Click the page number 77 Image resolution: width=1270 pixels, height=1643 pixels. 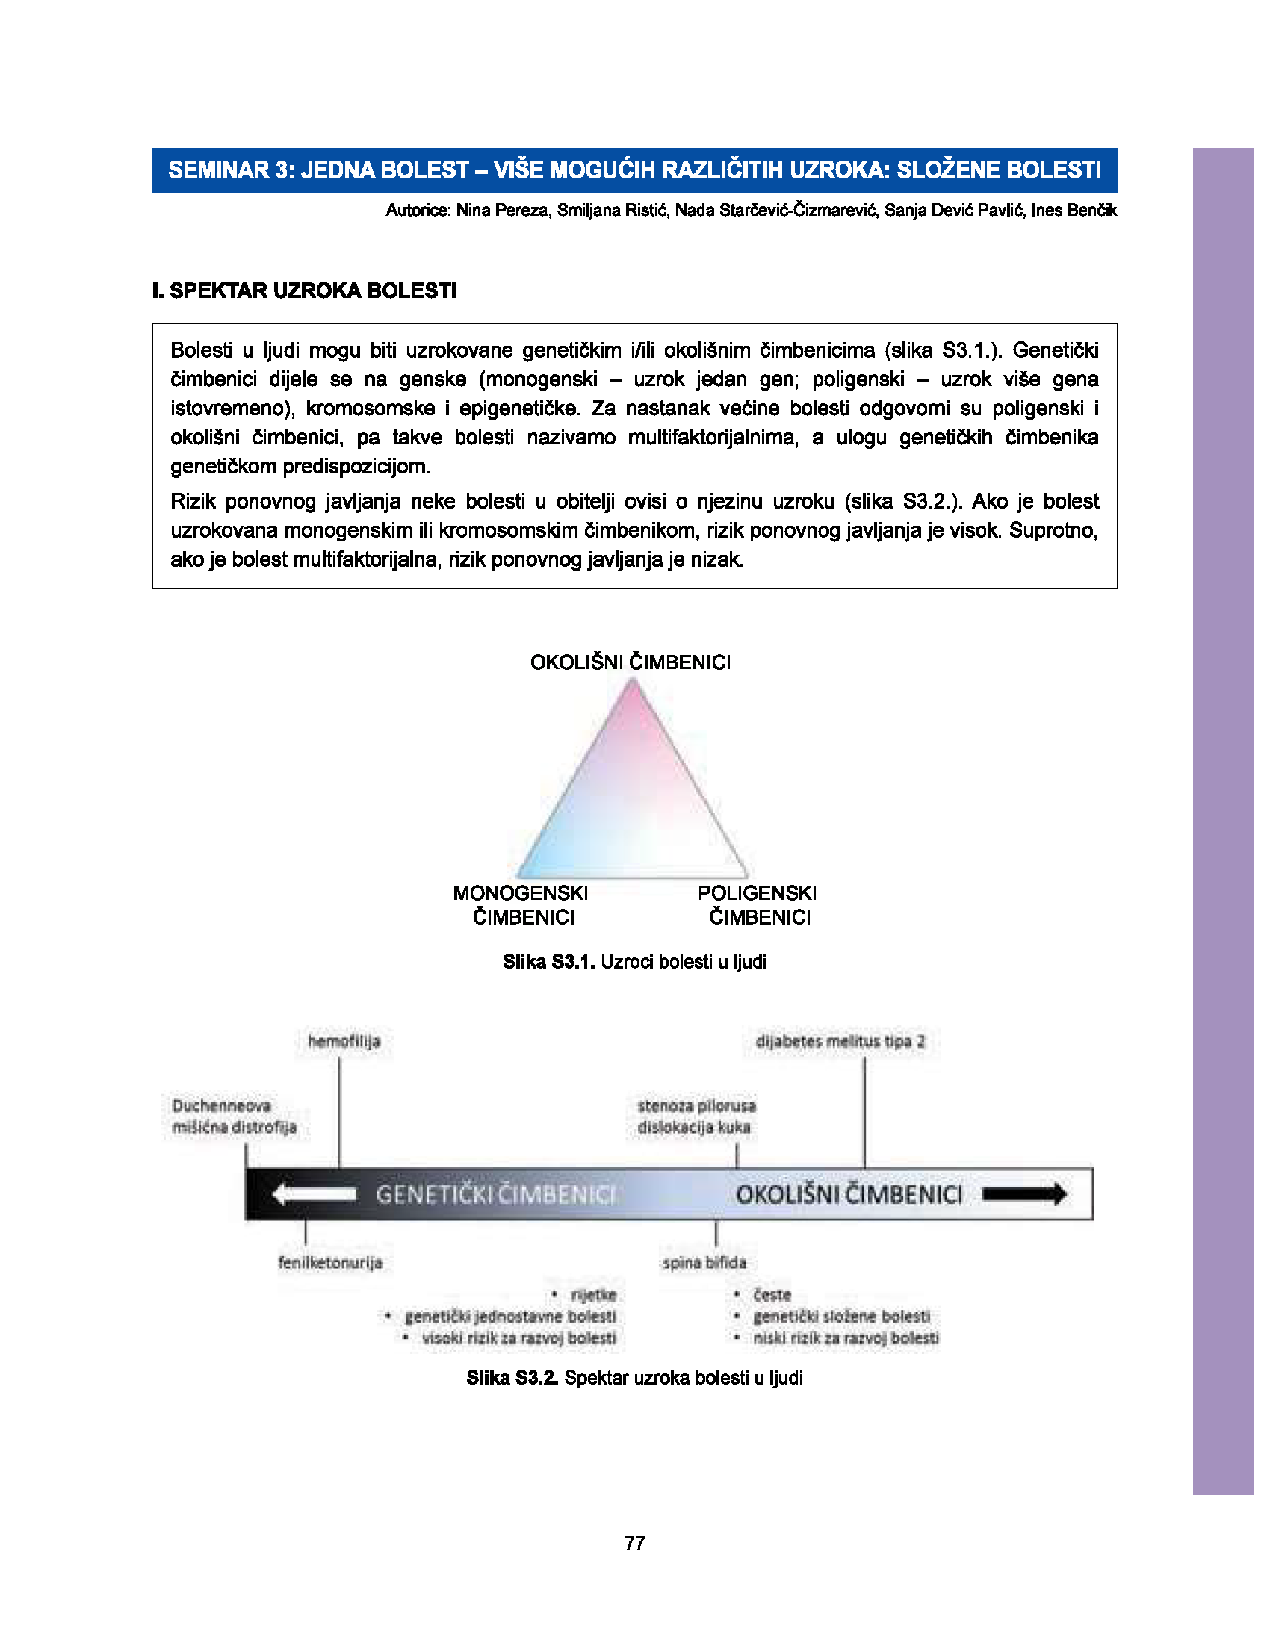634,1543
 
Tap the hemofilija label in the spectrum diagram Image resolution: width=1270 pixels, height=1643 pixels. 344,1041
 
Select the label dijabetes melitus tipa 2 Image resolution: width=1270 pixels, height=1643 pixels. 840,1041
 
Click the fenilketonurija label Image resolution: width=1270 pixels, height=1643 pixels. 330,1262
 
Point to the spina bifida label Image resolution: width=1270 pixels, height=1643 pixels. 704,1262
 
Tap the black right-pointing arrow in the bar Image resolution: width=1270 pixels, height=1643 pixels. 1024,1194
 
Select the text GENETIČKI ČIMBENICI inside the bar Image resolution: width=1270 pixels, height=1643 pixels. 495,1195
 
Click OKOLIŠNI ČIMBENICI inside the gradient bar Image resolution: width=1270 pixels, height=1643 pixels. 849,1195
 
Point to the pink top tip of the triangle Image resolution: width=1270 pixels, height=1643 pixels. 634,689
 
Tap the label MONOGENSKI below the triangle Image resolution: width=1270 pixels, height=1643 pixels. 521,893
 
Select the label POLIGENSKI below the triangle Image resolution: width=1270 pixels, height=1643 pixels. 757,893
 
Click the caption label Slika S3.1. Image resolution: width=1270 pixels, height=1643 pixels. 548,962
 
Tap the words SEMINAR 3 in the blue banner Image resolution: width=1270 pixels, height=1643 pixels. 229,170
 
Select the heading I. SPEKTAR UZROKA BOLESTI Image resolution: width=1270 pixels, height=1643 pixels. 305,291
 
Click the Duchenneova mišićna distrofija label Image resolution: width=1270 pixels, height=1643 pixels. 234,1116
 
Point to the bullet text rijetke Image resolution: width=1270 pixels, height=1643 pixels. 594,1295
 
